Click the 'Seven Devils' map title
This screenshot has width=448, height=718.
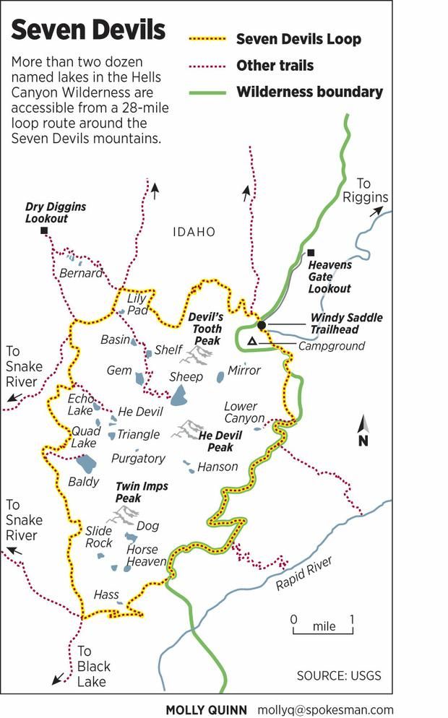point(88,30)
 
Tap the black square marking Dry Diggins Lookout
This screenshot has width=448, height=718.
point(44,230)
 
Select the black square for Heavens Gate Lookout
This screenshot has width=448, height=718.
point(311,252)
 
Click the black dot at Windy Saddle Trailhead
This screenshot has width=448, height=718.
point(262,325)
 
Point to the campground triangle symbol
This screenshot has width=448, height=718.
point(251,341)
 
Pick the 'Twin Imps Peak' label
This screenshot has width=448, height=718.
point(142,493)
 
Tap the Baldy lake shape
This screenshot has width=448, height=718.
point(85,463)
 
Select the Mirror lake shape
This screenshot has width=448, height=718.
point(220,376)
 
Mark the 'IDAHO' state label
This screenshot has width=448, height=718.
point(194,232)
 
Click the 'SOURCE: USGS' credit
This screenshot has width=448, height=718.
point(338,676)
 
